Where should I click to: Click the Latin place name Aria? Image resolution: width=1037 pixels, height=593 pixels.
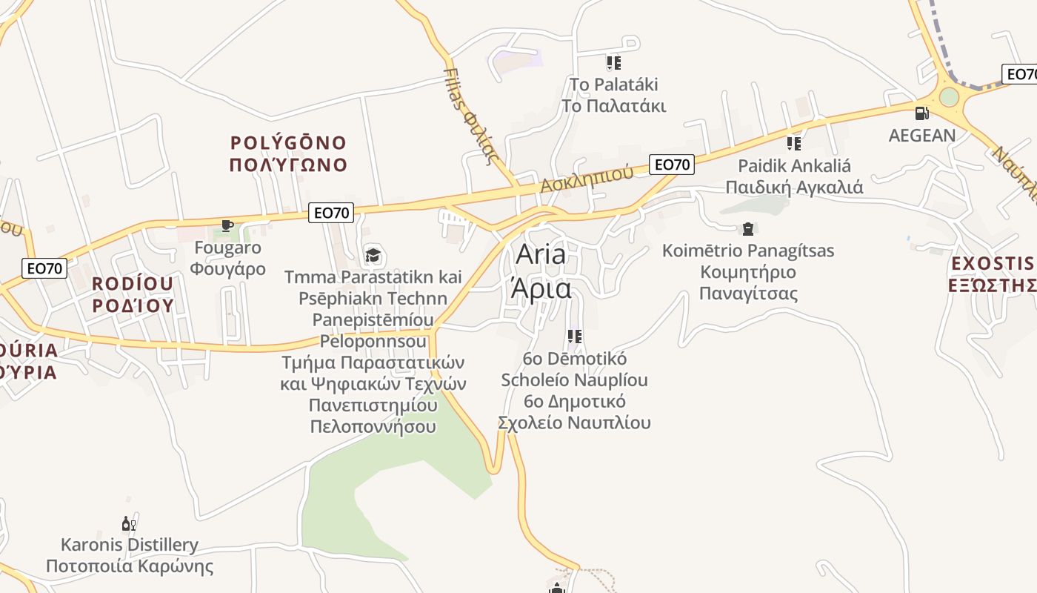(541, 254)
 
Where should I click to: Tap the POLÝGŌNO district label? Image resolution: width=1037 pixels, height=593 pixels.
(288, 142)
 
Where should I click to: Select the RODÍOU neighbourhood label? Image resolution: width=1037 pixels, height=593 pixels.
(133, 283)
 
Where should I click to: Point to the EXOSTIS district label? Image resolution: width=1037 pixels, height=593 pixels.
(993, 263)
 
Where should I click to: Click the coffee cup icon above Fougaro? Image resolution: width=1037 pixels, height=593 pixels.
(227, 225)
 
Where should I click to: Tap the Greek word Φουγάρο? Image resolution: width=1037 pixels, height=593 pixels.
(227, 268)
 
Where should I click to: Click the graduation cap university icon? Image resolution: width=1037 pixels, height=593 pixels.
(373, 256)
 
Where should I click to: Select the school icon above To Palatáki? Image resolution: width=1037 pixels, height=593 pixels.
(613, 63)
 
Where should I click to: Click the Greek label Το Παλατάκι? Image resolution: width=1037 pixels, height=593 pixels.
(613, 106)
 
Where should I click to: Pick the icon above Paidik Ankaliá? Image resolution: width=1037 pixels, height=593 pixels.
(794, 144)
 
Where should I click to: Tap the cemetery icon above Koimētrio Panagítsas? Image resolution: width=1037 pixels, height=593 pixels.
(747, 228)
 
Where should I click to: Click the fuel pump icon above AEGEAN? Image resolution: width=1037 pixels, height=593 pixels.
(921, 113)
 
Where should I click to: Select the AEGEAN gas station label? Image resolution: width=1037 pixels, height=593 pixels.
(922, 136)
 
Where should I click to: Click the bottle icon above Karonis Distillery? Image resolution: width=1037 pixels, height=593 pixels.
(129, 524)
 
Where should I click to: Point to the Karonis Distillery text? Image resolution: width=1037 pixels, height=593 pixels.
(130, 546)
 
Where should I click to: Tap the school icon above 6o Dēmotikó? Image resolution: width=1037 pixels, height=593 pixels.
(574, 337)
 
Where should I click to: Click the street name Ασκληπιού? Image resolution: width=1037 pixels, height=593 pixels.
(587, 179)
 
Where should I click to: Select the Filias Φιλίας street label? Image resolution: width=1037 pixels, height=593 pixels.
(468, 115)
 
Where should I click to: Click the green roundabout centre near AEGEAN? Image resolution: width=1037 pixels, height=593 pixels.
(949, 97)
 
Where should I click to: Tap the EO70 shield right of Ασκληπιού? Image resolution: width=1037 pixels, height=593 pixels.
(672, 165)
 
